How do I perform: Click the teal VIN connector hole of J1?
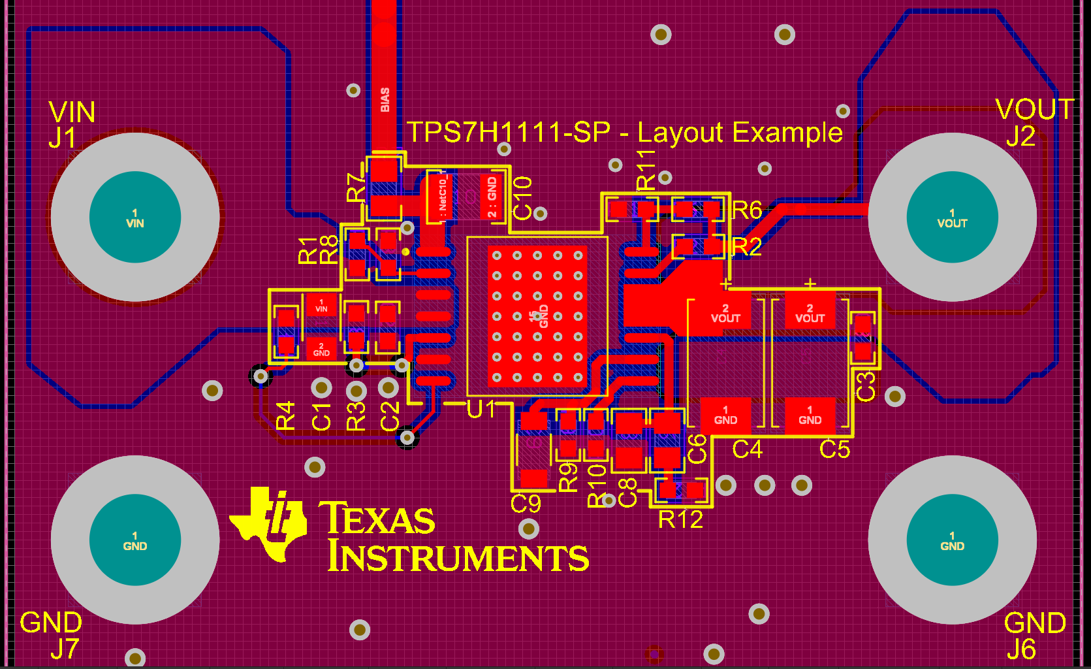point(135,218)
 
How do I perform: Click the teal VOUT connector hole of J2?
point(952,218)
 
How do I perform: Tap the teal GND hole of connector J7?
point(135,540)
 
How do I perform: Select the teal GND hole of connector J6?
point(952,540)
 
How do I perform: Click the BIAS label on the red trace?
point(385,100)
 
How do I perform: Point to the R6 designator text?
point(747,210)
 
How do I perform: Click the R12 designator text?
point(680,519)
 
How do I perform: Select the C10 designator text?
point(522,198)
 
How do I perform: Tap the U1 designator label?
point(482,409)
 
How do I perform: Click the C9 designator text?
point(526,504)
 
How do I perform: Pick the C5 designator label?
point(834,449)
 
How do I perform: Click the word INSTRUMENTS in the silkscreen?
point(458,557)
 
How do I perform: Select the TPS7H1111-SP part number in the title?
point(509,133)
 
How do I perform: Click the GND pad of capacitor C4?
point(725,416)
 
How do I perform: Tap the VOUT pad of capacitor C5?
point(810,313)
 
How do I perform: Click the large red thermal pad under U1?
point(537,316)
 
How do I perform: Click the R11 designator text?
point(645,169)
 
